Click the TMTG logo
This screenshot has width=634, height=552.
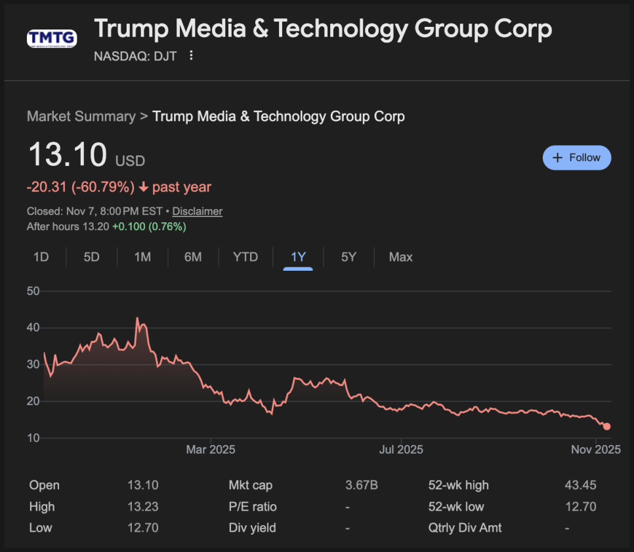[52, 38]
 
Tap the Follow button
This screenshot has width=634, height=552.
[577, 157]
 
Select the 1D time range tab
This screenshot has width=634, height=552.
[41, 257]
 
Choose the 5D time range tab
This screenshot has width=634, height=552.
[91, 257]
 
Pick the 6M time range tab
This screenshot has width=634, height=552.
[193, 257]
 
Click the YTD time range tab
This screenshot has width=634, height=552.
[245, 257]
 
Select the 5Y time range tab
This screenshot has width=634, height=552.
[349, 257]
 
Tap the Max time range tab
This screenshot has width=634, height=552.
[400, 257]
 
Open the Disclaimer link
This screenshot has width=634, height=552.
[198, 211]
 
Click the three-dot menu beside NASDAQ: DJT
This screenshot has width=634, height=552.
[191, 56]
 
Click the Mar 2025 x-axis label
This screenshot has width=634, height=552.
[211, 450]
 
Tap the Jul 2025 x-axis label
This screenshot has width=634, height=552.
[401, 450]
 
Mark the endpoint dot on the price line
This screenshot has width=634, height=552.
[606, 427]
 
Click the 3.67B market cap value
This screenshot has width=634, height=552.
[362, 485]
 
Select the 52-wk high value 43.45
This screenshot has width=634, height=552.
[580, 485]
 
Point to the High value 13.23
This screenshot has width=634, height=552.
[143, 507]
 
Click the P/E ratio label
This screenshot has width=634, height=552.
[253, 507]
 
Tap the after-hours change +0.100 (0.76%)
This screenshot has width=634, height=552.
[149, 227]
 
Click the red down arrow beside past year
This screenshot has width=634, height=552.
[143, 187]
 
